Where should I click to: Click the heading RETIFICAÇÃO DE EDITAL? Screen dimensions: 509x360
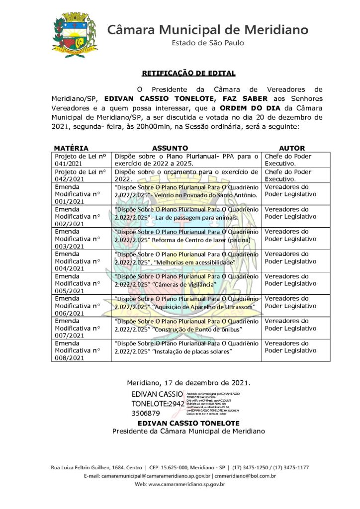click(x=188, y=73)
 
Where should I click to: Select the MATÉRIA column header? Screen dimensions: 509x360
click(x=71, y=148)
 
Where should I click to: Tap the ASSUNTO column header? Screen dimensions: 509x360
click(x=170, y=148)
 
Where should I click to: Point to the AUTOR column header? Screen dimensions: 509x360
click(x=292, y=148)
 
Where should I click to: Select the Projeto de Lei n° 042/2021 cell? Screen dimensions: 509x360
click(x=81, y=174)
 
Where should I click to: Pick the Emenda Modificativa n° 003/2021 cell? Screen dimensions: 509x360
click(x=81, y=239)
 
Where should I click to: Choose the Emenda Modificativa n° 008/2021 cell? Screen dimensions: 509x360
click(x=81, y=350)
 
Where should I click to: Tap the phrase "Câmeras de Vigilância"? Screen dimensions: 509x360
click(x=184, y=284)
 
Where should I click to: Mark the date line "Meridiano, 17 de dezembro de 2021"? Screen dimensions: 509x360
click(x=188, y=383)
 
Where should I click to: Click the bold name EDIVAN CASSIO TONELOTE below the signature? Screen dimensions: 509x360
click(x=188, y=423)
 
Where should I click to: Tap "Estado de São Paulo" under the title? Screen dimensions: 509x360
click(x=208, y=43)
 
